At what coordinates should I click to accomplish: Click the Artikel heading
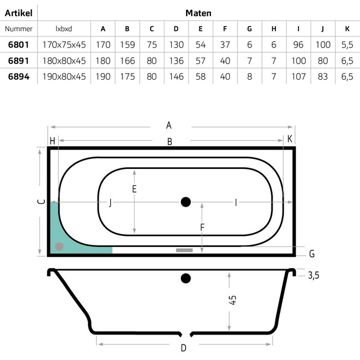(19, 13)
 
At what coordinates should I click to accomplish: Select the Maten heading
(198, 13)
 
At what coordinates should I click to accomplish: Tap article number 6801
(19, 44)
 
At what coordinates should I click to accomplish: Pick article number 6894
(19, 76)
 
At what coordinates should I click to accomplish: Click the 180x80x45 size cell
(64, 61)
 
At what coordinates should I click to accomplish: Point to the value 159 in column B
(127, 44)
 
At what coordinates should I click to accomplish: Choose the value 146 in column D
(176, 76)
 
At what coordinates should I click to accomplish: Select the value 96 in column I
(298, 44)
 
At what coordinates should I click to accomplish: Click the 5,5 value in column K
(347, 44)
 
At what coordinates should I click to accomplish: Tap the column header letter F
(225, 29)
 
